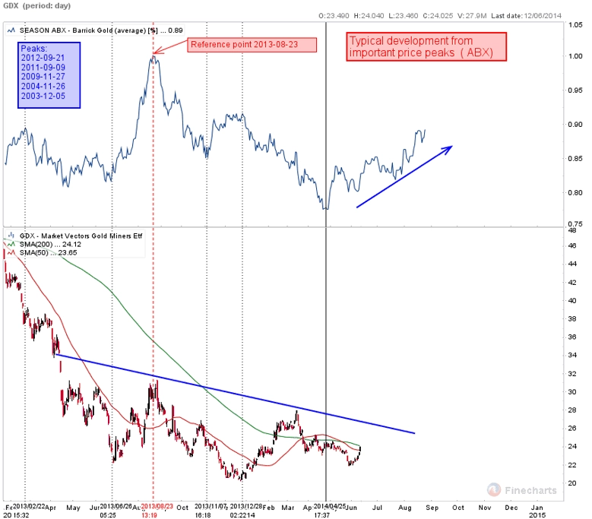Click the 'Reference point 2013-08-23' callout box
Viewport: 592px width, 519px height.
pyautogui.click(x=252, y=44)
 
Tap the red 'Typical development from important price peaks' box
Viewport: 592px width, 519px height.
pyautogui.click(x=426, y=47)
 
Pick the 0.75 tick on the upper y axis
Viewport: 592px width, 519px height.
pyautogui.click(x=576, y=223)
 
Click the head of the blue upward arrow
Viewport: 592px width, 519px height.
pyautogui.click(x=451, y=147)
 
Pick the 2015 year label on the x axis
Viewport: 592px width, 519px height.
pyautogui.click(x=537, y=514)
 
